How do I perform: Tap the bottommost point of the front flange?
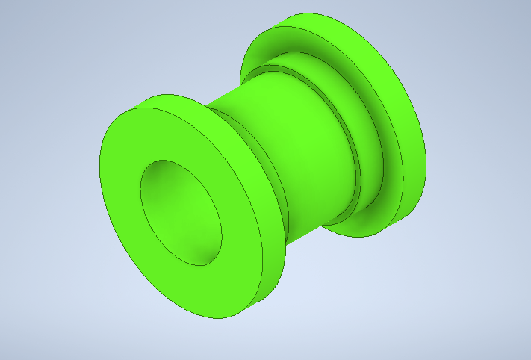pyautogui.click(x=217, y=319)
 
